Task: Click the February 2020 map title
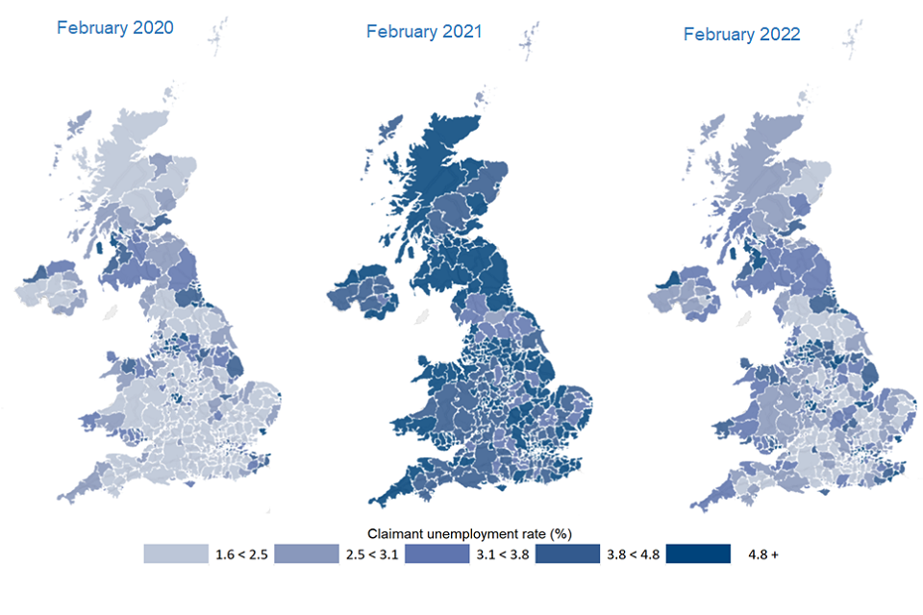click(x=114, y=27)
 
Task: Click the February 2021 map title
click(x=424, y=32)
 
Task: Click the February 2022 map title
click(x=741, y=34)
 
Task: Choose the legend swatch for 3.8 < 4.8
click(x=567, y=554)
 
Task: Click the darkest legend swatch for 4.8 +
click(x=698, y=554)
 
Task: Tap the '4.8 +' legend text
click(x=762, y=555)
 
